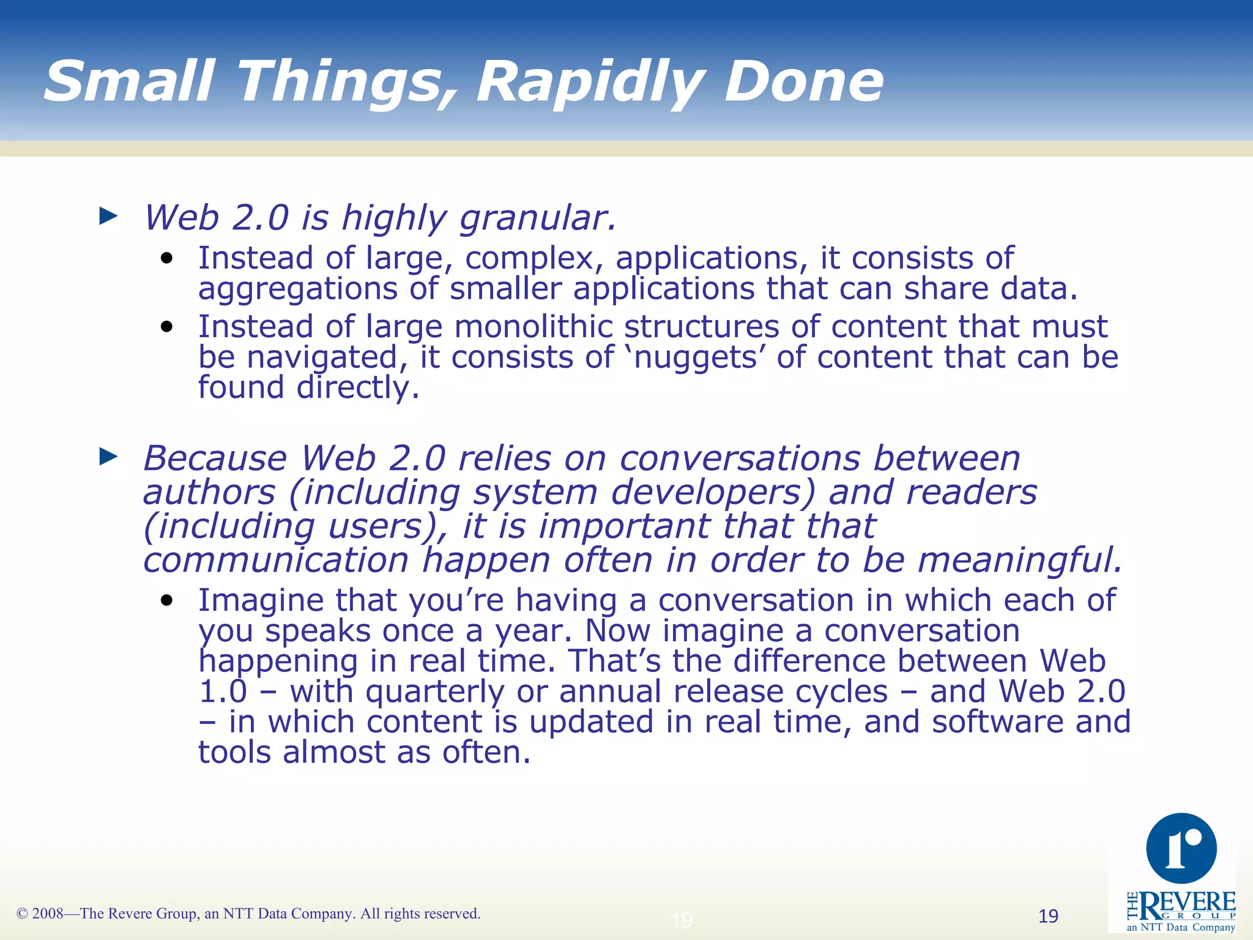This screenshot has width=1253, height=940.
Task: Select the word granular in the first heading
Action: [x=537, y=218]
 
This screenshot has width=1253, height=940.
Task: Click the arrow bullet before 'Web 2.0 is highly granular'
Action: [x=108, y=215]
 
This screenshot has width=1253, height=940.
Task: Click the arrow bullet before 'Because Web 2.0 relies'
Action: [x=108, y=456]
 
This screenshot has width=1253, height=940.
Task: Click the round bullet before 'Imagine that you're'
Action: [x=167, y=600]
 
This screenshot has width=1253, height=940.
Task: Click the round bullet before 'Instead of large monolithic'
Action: [x=167, y=327]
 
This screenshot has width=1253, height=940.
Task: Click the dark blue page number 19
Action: [x=1048, y=916]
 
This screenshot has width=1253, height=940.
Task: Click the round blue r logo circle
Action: [x=1181, y=848]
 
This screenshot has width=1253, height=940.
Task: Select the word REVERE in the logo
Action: [x=1187, y=903]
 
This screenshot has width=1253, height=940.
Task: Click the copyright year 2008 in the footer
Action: [x=48, y=914]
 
